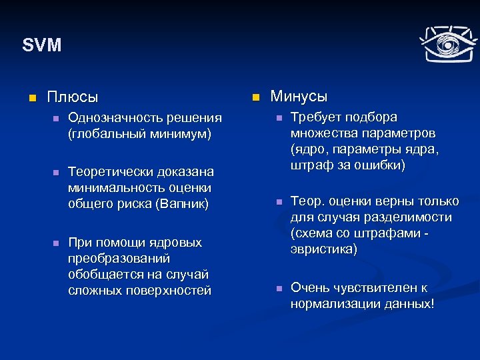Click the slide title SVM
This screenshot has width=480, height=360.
click(x=41, y=45)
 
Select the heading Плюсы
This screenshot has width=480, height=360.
click(x=72, y=97)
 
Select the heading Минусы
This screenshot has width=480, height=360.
click(x=299, y=97)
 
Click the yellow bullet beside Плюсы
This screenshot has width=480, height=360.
click(x=30, y=98)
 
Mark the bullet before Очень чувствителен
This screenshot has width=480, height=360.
click(x=279, y=288)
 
